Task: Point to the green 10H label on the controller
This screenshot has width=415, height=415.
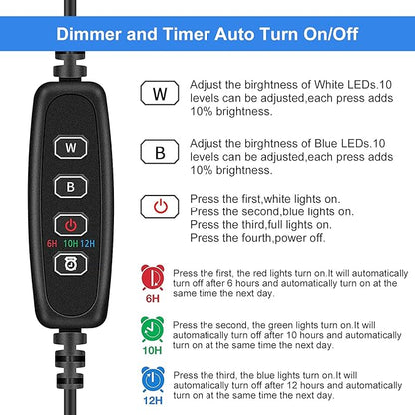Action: coord(71,242)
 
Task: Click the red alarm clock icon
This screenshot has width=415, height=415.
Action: coord(153,277)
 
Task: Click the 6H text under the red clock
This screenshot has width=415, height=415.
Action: coord(153,298)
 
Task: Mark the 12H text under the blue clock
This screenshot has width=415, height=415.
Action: coord(153,404)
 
